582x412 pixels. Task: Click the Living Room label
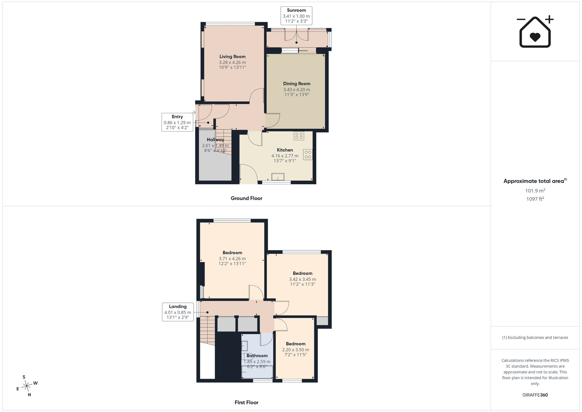pyautogui.click(x=233, y=56)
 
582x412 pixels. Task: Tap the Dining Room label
pyautogui.click(x=297, y=84)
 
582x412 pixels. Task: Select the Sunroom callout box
pyautogui.click(x=296, y=16)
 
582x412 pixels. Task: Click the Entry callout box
pyautogui.click(x=177, y=122)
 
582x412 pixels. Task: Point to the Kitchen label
pyautogui.click(x=285, y=150)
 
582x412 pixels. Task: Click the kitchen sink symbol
pyautogui.click(x=278, y=177)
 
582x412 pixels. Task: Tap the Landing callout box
pyautogui.click(x=178, y=312)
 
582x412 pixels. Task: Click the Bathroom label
pyautogui.click(x=257, y=356)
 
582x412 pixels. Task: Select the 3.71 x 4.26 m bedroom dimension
pyautogui.click(x=232, y=259)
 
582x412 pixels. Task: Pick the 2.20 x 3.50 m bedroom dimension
pyautogui.click(x=296, y=350)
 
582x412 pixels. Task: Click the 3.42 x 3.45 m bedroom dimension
pyautogui.click(x=302, y=279)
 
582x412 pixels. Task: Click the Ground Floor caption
pyautogui.click(x=246, y=198)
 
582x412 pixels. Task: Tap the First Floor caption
pyautogui.click(x=246, y=402)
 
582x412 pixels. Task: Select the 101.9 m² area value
pyautogui.click(x=535, y=191)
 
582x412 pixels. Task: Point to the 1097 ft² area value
pyautogui.click(x=535, y=199)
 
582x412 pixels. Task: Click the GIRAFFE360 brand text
pyautogui.click(x=535, y=395)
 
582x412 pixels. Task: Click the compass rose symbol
pyautogui.click(x=27, y=386)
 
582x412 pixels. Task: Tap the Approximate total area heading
pyautogui.click(x=535, y=181)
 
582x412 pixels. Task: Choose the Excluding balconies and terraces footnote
pyautogui.click(x=535, y=337)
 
